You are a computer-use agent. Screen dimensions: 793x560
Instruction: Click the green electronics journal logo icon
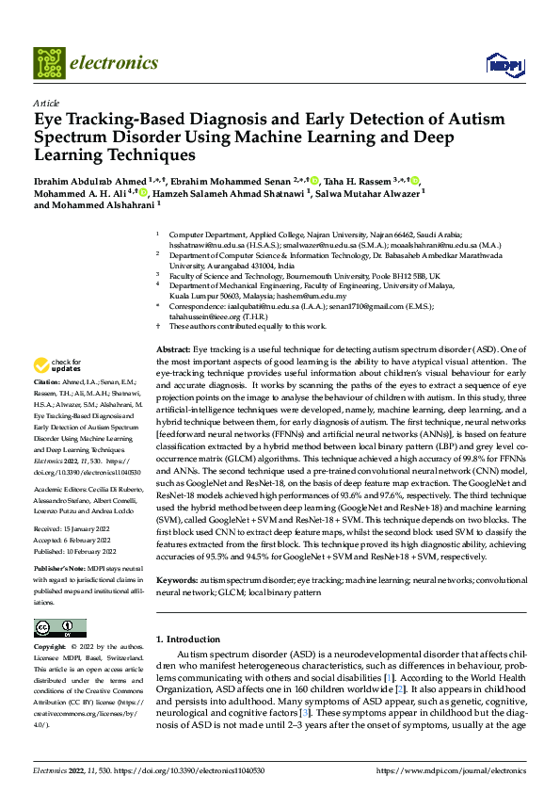pos(48,63)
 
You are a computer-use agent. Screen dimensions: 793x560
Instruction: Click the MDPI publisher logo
pos(499,64)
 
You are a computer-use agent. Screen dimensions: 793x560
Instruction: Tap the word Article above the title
pos(46,103)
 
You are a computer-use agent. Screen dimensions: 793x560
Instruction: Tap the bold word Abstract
pos(172,349)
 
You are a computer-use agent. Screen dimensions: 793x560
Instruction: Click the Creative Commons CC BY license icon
pos(59,627)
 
